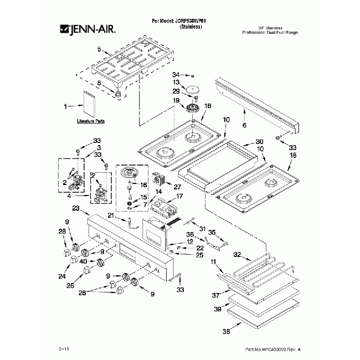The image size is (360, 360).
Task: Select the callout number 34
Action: tap(176, 74)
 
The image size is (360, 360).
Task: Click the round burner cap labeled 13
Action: tap(194, 89)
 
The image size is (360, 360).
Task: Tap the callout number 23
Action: tap(76, 208)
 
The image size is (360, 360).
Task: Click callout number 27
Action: tap(178, 187)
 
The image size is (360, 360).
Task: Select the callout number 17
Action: tap(179, 196)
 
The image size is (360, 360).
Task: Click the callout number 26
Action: tap(70, 286)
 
